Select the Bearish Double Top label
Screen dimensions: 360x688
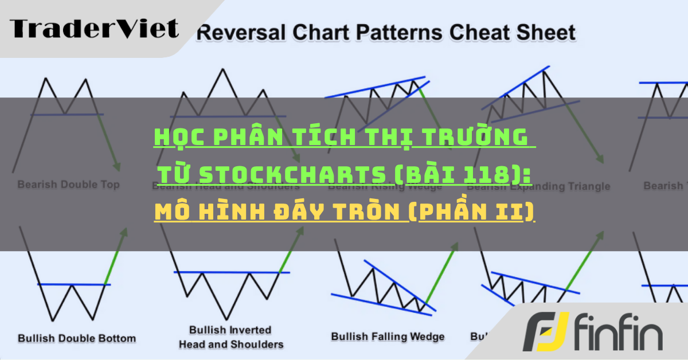click(x=68, y=185)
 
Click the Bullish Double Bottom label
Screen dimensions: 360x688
click(x=77, y=338)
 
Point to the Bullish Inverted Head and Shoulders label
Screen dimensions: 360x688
click(x=230, y=337)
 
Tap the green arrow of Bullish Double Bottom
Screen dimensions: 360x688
click(x=116, y=255)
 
